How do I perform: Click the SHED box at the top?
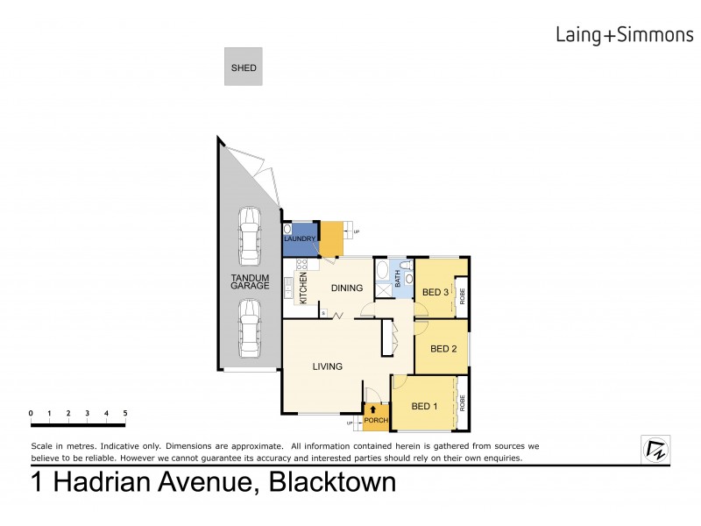[244, 67]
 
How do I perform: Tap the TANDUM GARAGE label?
[250, 281]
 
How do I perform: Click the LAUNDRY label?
[299, 238]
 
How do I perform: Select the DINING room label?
[347, 287]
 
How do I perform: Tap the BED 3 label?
[435, 292]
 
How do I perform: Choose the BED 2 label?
[443, 348]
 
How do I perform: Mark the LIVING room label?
[327, 366]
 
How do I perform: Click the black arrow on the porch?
[375, 409]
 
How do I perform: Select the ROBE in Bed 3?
[462, 296]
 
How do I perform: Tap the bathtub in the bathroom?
[382, 279]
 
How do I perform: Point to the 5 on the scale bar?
[125, 412]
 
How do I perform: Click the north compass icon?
[655, 449]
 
